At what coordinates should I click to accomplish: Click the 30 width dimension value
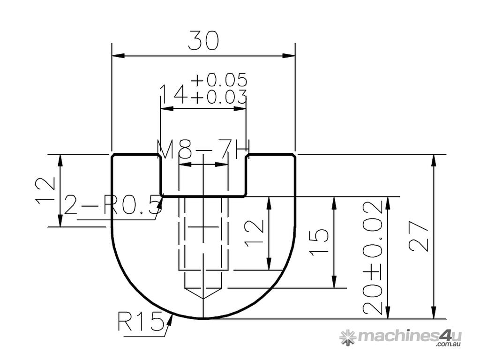pyautogui.click(x=203, y=41)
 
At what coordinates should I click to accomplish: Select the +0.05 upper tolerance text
pyautogui.click(x=218, y=80)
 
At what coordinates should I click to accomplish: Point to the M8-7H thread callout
pyautogui.click(x=202, y=150)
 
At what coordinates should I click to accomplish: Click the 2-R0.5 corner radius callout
pyautogui.click(x=112, y=205)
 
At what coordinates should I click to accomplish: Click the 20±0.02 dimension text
pyautogui.click(x=373, y=257)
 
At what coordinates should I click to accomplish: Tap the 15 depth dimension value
pyautogui.click(x=319, y=242)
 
